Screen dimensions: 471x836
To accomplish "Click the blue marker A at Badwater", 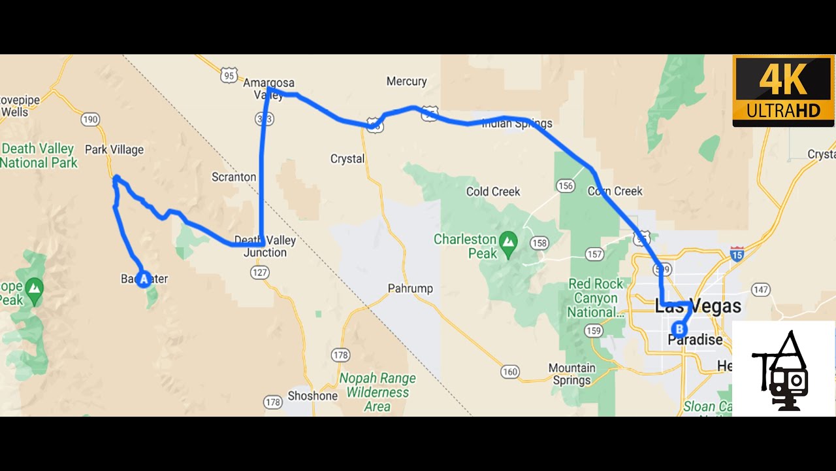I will click(x=144, y=279).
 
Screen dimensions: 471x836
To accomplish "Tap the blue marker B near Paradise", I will click(x=680, y=329).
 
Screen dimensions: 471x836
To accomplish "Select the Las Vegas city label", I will click(x=698, y=306).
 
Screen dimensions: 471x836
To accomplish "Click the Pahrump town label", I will click(x=410, y=288).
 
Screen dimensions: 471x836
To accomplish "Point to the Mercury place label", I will click(x=406, y=82).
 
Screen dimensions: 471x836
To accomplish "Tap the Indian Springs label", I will click(x=517, y=123).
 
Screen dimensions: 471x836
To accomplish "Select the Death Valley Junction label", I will click(x=265, y=247).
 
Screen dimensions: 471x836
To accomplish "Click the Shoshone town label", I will click(x=313, y=396).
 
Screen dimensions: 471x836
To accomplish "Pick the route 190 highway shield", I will click(x=90, y=119).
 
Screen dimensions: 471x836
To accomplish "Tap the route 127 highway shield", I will click(x=260, y=272).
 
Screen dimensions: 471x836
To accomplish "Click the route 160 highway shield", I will click(x=510, y=372).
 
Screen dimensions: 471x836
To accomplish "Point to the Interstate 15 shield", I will click(x=737, y=254).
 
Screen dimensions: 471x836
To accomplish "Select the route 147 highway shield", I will click(x=761, y=289).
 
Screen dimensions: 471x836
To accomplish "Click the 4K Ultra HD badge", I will click(x=783, y=91).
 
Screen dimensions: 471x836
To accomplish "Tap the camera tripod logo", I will click(x=783, y=370).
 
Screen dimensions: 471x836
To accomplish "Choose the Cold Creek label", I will click(x=493, y=192).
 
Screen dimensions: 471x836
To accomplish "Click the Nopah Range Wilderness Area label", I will click(x=378, y=392).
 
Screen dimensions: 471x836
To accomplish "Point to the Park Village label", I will click(x=114, y=150).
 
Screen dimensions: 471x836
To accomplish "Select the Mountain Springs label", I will click(x=571, y=374).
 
